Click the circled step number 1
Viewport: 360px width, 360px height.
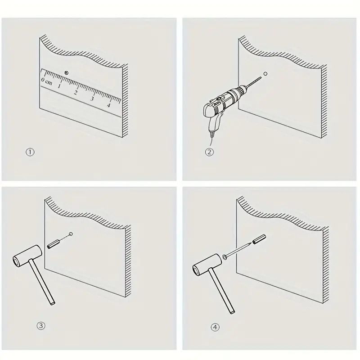[30, 152]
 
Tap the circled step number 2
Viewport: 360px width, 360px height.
[209, 152]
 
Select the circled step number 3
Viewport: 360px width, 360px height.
[41, 325]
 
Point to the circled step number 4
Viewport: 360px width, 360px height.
[215, 327]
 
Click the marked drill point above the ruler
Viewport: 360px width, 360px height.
[66, 73]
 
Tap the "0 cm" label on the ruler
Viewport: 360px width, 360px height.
[47, 81]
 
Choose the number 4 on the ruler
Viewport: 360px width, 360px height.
[108, 105]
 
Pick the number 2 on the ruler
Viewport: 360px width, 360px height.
[75, 93]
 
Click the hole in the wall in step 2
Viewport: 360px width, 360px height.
[265, 74]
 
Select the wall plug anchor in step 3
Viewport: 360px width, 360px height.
[54, 243]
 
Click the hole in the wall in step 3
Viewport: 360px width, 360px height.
[71, 234]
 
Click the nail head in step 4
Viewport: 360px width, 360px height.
[225, 257]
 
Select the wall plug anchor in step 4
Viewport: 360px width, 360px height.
[259, 239]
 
